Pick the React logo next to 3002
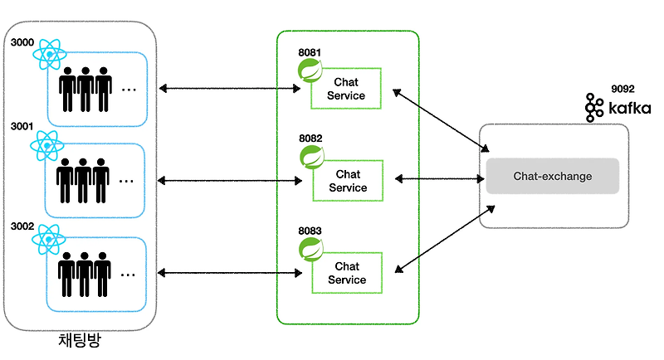(x=48, y=240)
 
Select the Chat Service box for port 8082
(x=348, y=181)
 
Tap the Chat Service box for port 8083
(x=348, y=273)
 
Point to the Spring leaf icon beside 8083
(x=311, y=249)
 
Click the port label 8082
(x=310, y=139)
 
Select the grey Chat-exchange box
(x=552, y=176)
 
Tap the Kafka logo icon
(x=593, y=108)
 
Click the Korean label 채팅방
(x=80, y=341)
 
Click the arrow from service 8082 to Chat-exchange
(x=439, y=178)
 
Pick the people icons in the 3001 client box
(x=84, y=176)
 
